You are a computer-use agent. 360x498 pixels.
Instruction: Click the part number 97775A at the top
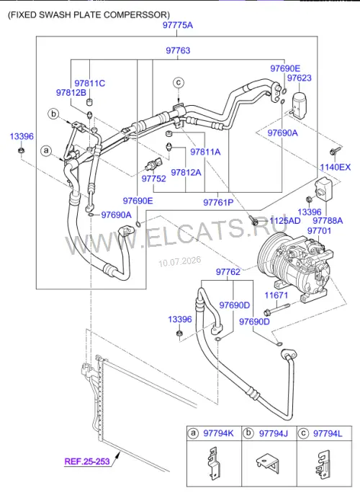pyautogui.click(x=178, y=25)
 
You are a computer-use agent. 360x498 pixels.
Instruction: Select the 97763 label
pyautogui.click(x=178, y=50)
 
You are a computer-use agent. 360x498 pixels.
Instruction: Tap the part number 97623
pyautogui.click(x=300, y=78)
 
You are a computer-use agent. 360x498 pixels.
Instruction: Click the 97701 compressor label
pyautogui.click(x=319, y=230)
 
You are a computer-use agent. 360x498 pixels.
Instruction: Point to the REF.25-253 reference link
pyautogui.click(x=87, y=461)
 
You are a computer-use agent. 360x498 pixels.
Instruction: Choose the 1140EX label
pyautogui.click(x=336, y=167)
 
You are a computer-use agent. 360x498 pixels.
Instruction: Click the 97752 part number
pyautogui.click(x=154, y=178)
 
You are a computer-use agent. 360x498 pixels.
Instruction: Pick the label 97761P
pyautogui.click(x=218, y=202)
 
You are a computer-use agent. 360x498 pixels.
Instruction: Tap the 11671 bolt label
pyautogui.click(x=276, y=295)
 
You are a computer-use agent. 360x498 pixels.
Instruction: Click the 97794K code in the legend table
pyautogui.click(x=218, y=433)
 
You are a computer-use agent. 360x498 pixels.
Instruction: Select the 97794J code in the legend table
pyautogui.click(x=274, y=433)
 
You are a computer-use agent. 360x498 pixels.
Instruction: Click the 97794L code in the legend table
pyautogui.click(x=328, y=433)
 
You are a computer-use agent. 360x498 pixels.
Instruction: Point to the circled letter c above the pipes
pyautogui.click(x=179, y=83)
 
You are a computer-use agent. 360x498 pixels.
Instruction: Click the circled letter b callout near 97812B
pyautogui.click(x=54, y=114)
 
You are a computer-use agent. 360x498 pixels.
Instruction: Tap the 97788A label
pyautogui.click(x=328, y=220)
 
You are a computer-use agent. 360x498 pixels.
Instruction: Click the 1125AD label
pyautogui.click(x=285, y=220)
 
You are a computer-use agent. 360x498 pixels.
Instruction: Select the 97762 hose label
pyautogui.click(x=228, y=272)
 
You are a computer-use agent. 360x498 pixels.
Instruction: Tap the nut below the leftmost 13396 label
pyautogui.click(x=21, y=150)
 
